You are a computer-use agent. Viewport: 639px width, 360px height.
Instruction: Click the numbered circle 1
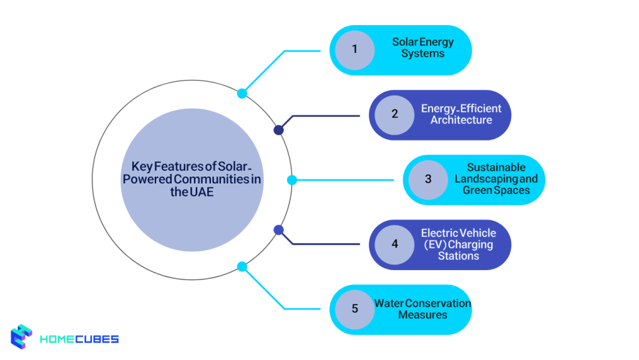[354, 49]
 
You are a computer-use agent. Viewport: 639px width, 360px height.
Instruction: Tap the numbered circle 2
[394, 114]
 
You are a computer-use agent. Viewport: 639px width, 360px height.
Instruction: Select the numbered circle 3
[428, 180]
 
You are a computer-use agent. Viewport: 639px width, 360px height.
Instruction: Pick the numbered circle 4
[394, 244]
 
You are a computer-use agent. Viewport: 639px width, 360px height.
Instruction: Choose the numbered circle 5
[354, 309]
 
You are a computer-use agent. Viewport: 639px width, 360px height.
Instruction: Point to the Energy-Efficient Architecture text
[461, 114]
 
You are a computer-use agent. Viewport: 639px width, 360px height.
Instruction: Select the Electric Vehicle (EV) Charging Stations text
[458, 244]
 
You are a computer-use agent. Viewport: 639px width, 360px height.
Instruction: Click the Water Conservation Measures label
[422, 309]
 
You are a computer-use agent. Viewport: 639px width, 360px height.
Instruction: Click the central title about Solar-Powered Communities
[192, 179]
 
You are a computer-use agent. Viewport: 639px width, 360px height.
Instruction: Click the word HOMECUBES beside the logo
[79, 339]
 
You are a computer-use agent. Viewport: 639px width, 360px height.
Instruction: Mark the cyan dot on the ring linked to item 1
[242, 94]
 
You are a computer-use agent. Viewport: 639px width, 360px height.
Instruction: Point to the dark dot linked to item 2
[279, 130]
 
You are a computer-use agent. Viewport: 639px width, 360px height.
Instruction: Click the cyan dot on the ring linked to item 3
[291, 180]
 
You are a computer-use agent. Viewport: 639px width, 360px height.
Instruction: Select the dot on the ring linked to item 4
[279, 230]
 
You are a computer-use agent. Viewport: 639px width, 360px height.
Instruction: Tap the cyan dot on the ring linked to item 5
[242, 266]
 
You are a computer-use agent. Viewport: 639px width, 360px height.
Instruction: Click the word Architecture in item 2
[461, 120]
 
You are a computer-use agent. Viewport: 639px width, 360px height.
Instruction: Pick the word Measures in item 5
[422, 315]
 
